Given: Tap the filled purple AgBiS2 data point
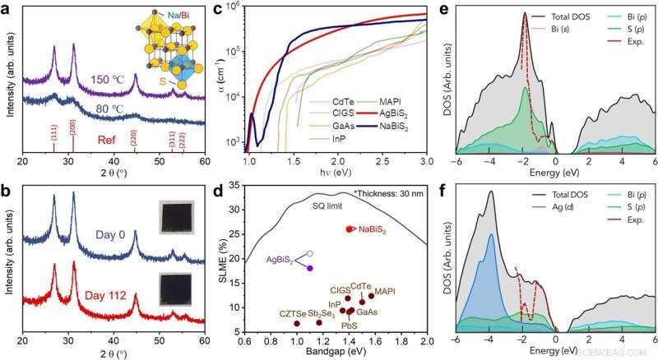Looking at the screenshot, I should [310, 268].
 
